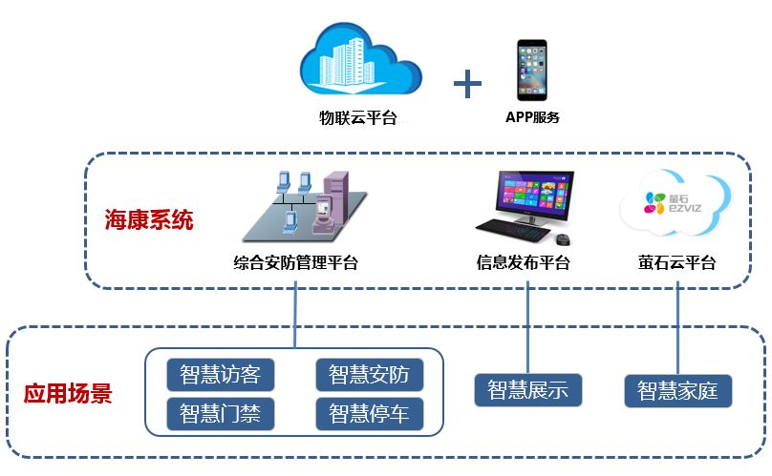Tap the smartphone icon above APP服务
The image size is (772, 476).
(532, 70)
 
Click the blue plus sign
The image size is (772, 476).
(467, 84)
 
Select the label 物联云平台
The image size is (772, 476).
(357, 119)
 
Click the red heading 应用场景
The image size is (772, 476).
(68, 392)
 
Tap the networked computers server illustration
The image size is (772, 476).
(302, 205)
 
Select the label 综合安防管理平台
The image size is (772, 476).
(296, 262)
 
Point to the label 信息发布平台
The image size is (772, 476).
(524, 262)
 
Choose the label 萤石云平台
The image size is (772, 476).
(677, 262)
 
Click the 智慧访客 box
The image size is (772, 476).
(220, 374)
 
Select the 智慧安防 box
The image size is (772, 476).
(369, 374)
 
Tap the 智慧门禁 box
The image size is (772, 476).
(220, 413)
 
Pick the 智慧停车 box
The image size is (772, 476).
(369, 413)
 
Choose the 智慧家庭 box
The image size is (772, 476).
(677, 390)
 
